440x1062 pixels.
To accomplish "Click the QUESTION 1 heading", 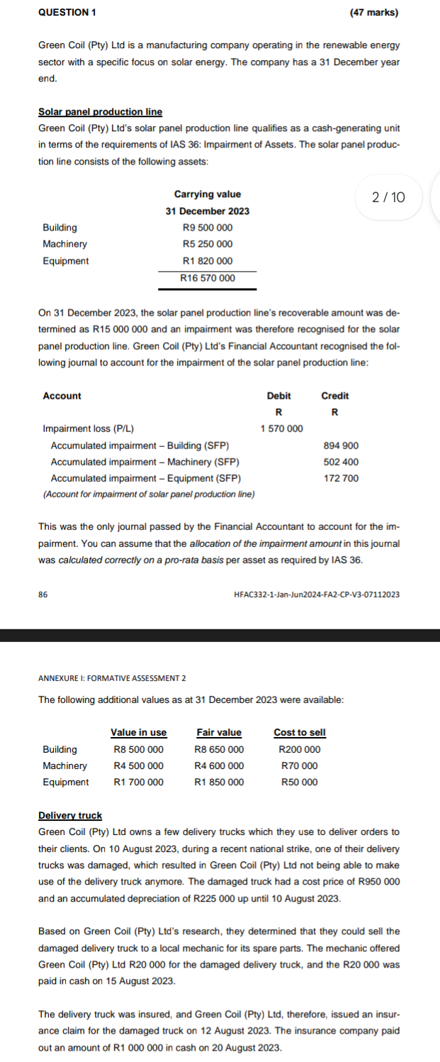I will tap(68, 13).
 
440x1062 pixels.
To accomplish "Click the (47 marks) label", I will tap(374, 13).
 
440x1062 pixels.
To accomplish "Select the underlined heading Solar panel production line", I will tap(100, 112).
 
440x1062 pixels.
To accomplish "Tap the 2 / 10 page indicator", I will tap(389, 197).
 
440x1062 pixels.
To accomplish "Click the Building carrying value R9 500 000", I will tap(208, 228).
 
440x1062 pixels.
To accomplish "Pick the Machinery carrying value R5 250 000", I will tap(208, 244).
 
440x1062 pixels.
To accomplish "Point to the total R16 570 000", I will tap(208, 278).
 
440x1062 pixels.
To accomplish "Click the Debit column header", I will tap(278, 396).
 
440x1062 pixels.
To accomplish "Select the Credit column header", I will tap(335, 396).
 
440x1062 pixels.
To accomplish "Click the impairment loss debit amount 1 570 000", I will tap(281, 428).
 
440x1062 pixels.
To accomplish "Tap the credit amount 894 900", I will tap(341, 446).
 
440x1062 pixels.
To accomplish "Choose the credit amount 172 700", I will tap(341, 478).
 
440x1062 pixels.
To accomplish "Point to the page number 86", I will tap(43, 594).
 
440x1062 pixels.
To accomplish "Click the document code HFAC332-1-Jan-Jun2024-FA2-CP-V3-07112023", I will tap(316, 594).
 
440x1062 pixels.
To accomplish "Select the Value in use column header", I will tap(139, 733).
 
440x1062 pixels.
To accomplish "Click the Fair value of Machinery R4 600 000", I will tap(219, 765).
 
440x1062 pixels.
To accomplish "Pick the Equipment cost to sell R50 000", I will tap(300, 782).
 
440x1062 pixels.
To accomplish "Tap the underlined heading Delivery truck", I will tap(70, 816).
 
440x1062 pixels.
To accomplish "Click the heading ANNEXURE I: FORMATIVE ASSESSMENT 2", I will tap(112, 679).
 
